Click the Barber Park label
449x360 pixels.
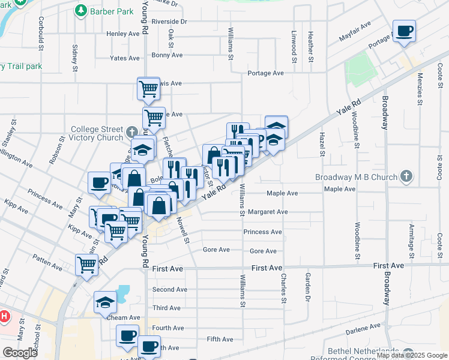[x=112, y=11]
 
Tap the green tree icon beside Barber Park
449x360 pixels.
[x=80, y=10]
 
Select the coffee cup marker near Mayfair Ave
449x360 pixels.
[x=404, y=31]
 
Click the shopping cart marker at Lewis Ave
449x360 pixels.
[x=148, y=89]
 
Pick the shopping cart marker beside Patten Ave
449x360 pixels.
[x=86, y=263]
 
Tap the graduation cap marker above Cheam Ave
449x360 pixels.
[x=105, y=302]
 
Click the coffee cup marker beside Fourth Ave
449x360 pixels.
[x=127, y=335]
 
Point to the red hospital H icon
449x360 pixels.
[x=4, y=316]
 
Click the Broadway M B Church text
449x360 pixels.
[x=357, y=177]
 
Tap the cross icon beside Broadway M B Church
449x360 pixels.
[x=406, y=176]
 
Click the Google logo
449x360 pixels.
[x=20, y=353]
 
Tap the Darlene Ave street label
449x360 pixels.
[x=363, y=328]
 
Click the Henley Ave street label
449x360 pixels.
[x=123, y=34]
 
